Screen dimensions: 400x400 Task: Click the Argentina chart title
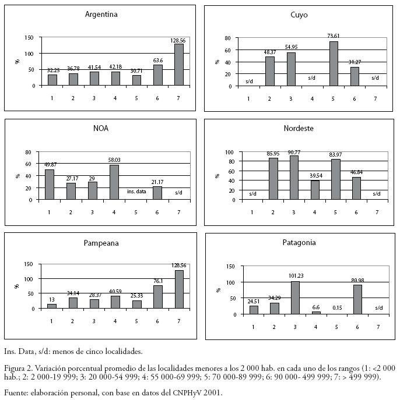101,15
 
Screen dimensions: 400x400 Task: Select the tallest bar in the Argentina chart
178,65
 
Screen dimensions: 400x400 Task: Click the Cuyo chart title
299,15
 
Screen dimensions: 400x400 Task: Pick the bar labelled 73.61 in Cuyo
333,63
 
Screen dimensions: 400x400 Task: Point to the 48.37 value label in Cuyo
269,51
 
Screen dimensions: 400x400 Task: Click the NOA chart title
101,128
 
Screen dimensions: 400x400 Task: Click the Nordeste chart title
299,128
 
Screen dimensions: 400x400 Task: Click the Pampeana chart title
101,243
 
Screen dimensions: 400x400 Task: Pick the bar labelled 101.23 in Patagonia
296,298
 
